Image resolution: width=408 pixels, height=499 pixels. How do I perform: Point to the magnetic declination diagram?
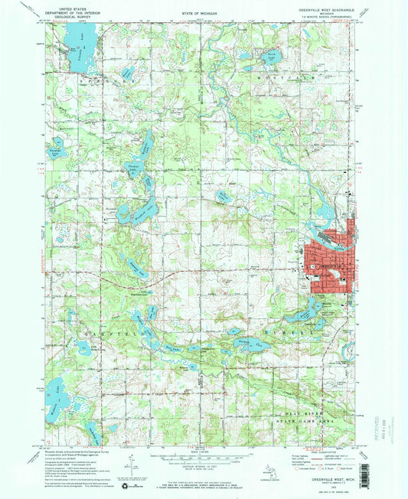[132, 465]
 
